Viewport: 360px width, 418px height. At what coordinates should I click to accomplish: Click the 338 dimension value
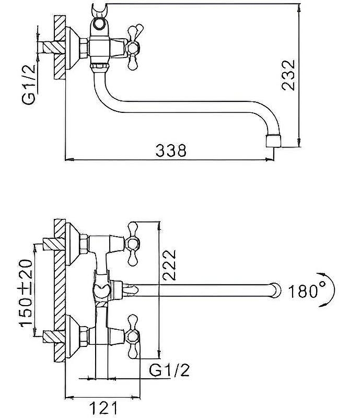(171, 150)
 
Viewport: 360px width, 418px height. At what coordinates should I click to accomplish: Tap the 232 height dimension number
(289, 75)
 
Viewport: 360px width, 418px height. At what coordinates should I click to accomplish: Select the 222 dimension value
(170, 265)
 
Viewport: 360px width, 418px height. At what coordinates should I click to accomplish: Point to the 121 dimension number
(103, 408)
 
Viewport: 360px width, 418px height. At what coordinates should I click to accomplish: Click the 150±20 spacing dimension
(26, 293)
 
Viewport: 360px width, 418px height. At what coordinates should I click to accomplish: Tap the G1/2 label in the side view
(29, 85)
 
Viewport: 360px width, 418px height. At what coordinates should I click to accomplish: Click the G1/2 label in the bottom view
(169, 370)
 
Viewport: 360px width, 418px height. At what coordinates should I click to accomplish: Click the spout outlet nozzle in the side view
(273, 141)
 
